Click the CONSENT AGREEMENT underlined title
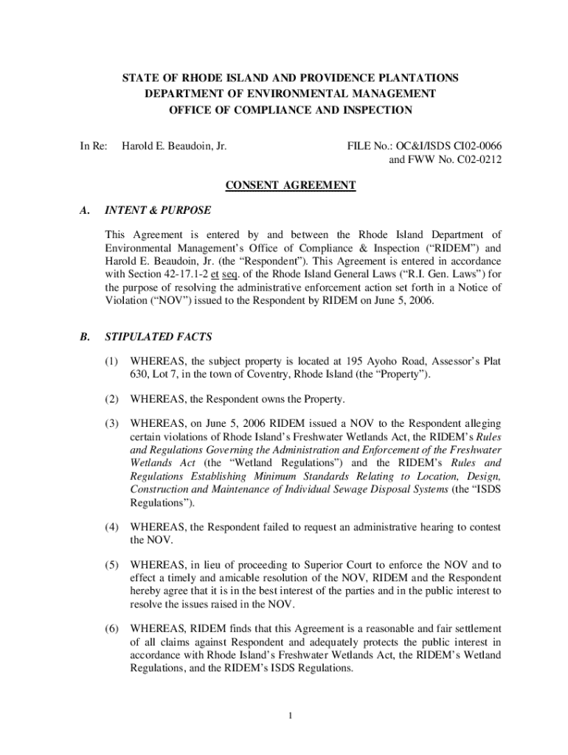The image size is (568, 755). point(291,186)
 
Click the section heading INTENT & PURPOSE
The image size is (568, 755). point(158,210)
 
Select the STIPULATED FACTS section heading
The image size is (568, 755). point(159,337)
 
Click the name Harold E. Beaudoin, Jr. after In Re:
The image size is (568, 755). point(174,146)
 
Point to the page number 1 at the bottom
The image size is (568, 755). point(291,715)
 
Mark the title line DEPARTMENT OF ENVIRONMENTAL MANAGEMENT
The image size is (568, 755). point(290,94)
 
